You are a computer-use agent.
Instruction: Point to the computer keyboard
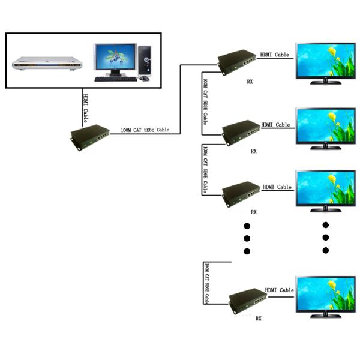click(x=115, y=78)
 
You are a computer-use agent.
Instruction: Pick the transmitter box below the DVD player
click(x=89, y=134)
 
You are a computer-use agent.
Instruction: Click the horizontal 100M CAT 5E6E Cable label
click(x=145, y=130)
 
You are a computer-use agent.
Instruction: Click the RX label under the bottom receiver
click(x=259, y=319)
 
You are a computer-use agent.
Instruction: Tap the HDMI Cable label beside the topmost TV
click(x=274, y=55)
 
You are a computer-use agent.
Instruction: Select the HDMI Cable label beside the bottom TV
click(x=279, y=290)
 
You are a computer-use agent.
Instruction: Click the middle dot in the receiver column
click(x=246, y=238)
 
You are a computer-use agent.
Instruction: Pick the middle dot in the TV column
click(x=326, y=238)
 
